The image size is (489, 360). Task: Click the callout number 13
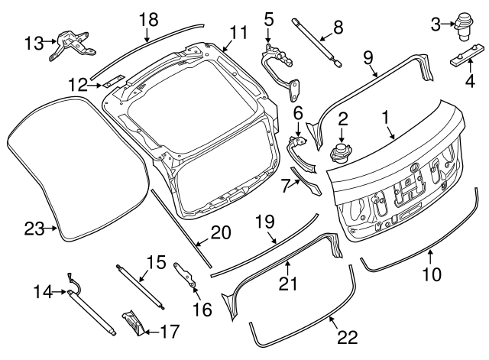point(34,43)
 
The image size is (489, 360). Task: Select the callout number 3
point(436,26)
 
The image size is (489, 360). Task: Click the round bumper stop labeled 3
point(462,24)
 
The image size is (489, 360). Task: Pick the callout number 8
point(338,31)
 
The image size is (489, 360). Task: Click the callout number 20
point(220,233)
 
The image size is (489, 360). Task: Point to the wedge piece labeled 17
point(131,322)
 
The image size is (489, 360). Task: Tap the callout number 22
point(348,337)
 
